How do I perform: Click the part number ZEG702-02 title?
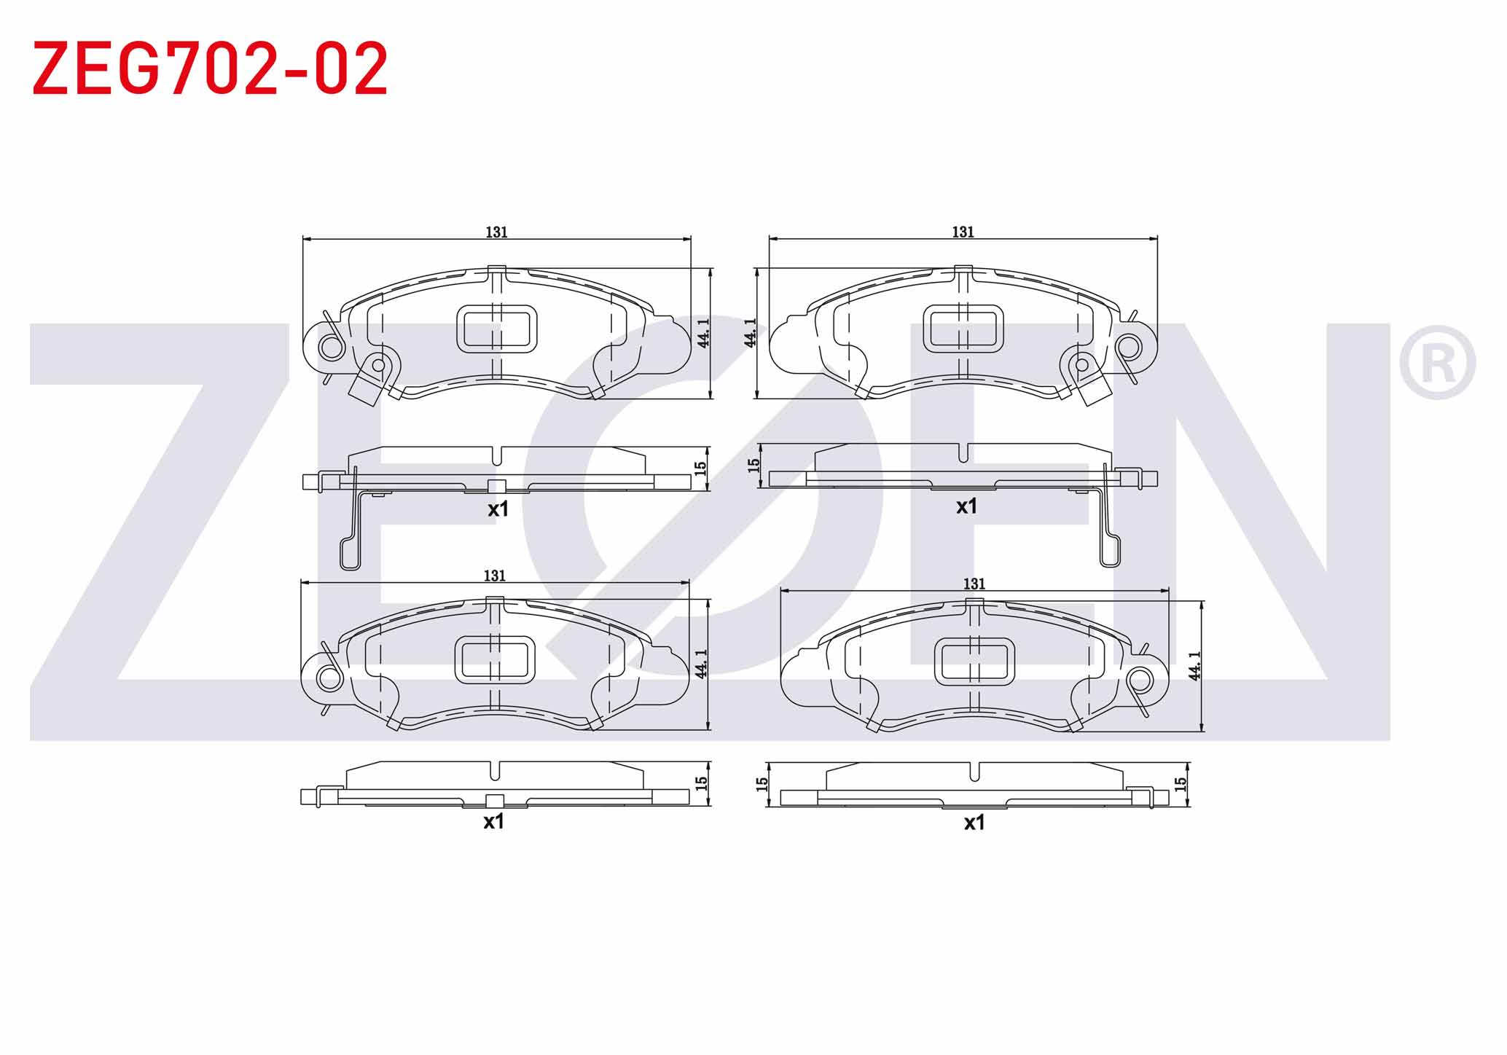point(211,68)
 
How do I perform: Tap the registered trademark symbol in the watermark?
point(1437,363)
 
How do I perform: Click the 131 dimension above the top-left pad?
point(496,232)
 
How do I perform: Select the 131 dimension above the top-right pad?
point(963,232)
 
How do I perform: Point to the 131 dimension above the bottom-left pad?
point(494,576)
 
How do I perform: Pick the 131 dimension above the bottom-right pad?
point(974,584)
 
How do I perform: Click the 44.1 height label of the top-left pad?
point(702,332)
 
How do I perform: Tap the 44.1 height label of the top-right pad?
point(750,332)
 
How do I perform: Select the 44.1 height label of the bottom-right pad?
point(1194,666)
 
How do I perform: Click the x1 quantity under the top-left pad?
point(498,509)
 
